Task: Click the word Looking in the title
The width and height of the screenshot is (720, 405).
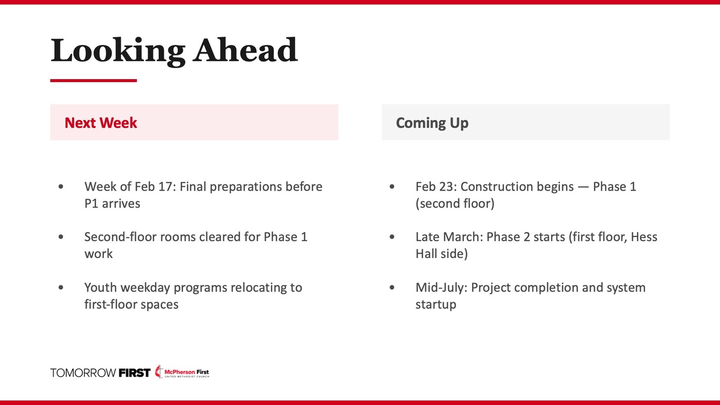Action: click(x=118, y=52)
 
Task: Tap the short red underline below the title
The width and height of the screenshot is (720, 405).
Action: click(x=93, y=81)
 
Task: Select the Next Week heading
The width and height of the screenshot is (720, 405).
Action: click(x=101, y=123)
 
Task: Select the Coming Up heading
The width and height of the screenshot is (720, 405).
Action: click(x=432, y=123)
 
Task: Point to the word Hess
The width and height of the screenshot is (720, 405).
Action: click(x=644, y=237)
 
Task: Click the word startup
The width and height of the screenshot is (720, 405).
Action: click(x=436, y=305)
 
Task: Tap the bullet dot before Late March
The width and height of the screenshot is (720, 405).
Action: click(x=392, y=237)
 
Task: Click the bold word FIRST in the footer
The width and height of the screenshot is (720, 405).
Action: click(x=134, y=373)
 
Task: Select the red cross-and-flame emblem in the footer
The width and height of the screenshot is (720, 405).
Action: click(x=159, y=371)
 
